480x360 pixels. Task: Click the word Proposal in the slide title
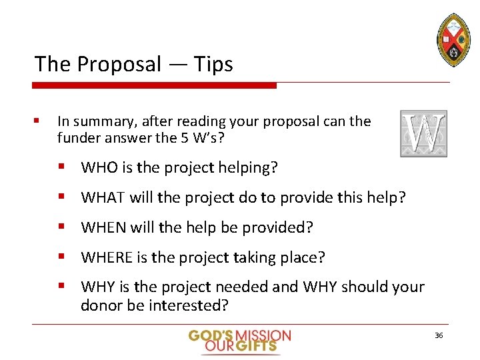[x=119, y=65]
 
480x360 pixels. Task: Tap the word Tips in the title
[x=213, y=65]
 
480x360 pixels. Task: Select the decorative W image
[x=423, y=134]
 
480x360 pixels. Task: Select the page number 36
[x=438, y=335]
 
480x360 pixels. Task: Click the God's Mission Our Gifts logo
[x=240, y=341]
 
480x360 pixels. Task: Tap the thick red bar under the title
[x=155, y=85]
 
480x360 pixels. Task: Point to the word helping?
[x=246, y=168]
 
